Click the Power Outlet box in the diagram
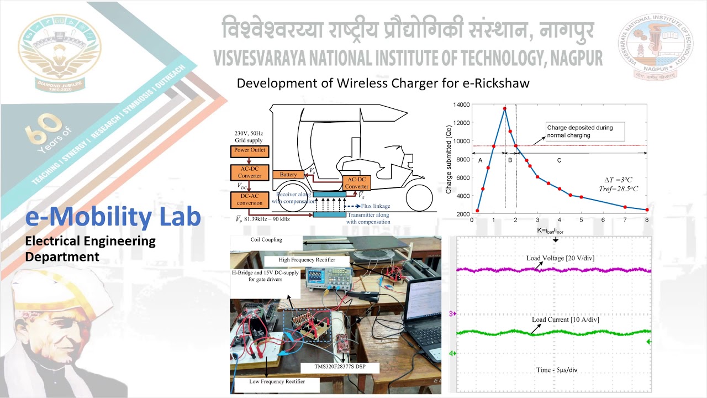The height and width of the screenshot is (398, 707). [x=249, y=150]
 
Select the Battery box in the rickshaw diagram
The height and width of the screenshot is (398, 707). [x=288, y=175]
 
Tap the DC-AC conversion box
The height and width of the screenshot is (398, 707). [x=249, y=199]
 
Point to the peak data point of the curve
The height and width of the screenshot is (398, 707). [x=504, y=108]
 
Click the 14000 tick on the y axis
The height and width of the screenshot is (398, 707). [x=461, y=104]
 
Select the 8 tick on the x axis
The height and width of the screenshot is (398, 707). [x=647, y=219]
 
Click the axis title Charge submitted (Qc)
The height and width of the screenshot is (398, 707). [x=449, y=159]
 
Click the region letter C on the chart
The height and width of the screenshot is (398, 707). [x=559, y=160]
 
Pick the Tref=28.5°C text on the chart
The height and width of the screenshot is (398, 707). [x=618, y=188]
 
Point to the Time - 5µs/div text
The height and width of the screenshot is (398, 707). [x=553, y=370]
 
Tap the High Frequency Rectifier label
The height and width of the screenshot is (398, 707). [x=307, y=260]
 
